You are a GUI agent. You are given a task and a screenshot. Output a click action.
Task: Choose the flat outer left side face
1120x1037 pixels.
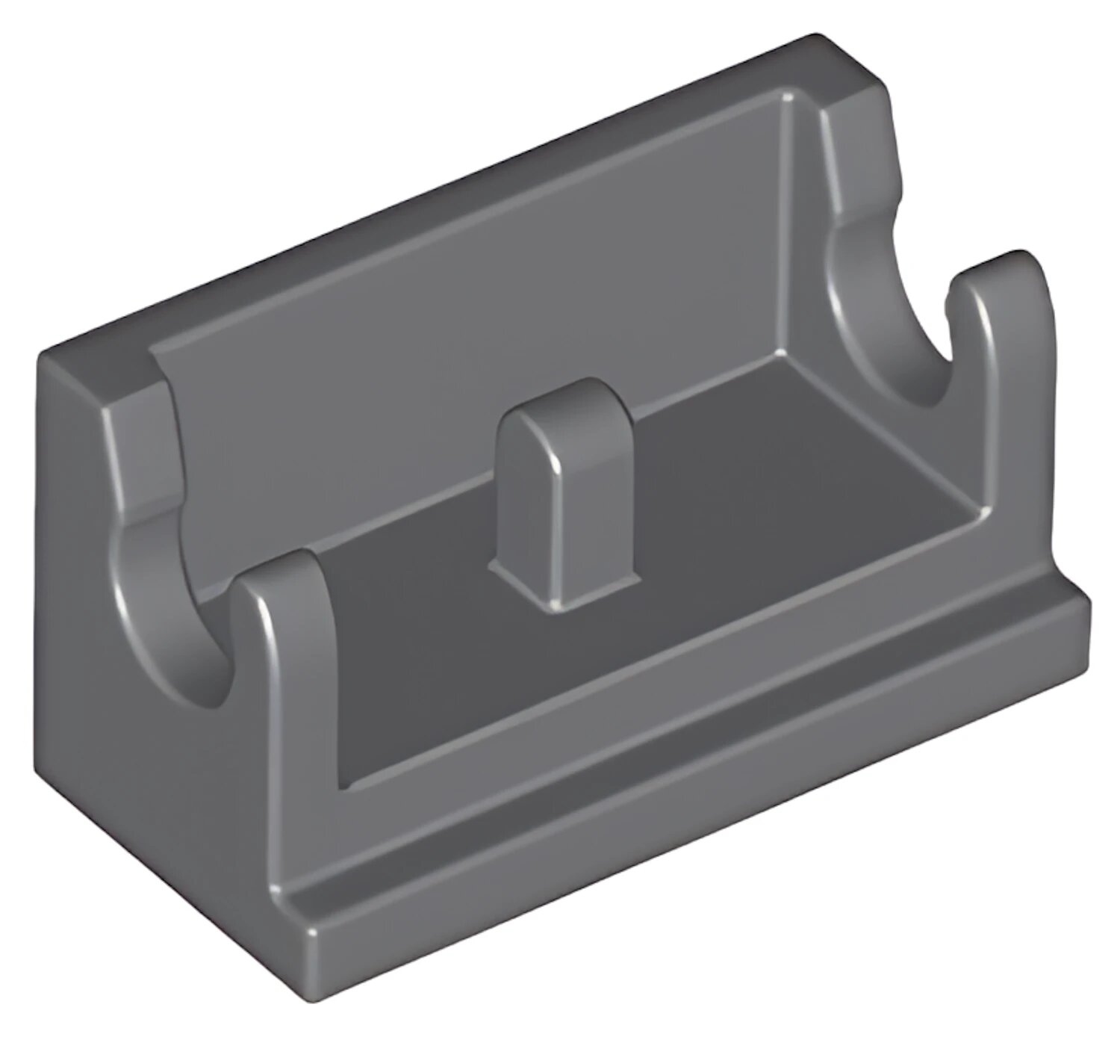(x=149, y=784)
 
